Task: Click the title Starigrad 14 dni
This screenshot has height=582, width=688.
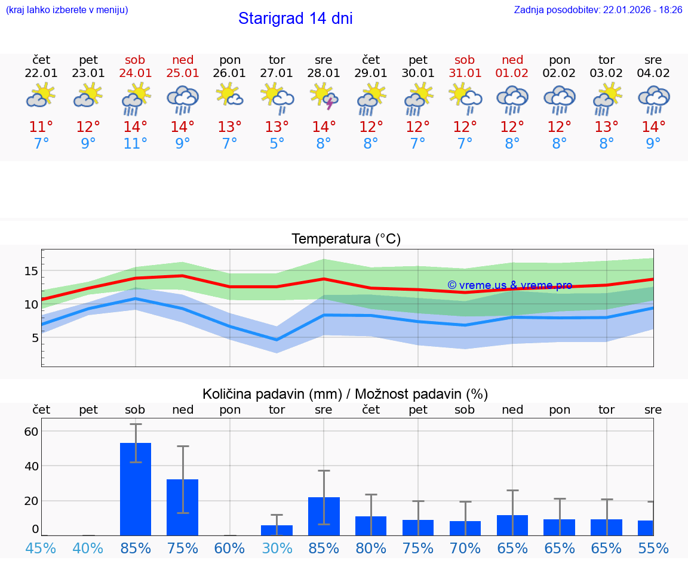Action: click(x=295, y=19)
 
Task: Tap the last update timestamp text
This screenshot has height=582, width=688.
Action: click(x=598, y=10)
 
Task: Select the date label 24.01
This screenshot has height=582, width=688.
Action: click(x=136, y=73)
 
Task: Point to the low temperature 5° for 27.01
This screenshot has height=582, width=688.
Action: click(x=277, y=143)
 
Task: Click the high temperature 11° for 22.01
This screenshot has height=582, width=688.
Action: click(x=41, y=127)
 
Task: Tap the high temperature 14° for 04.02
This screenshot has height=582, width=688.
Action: click(x=653, y=127)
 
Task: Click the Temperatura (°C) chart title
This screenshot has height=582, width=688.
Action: click(x=346, y=239)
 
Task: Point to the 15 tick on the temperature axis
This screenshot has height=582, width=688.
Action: click(x=31, y=271)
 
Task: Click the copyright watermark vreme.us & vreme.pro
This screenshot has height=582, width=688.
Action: click(x=509, y=285)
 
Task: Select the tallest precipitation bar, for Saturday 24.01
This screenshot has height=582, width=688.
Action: click(x=136, y=489)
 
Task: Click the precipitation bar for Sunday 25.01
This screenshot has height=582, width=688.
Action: click(x=182, y=507)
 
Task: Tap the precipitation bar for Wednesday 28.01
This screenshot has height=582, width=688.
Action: click(x=324, y=516)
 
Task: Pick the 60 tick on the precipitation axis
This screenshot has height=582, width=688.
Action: click(x=31, y=431)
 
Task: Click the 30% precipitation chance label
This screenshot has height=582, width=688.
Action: click(x=277, y=548)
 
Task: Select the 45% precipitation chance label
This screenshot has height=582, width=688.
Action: click(x=41, y=548)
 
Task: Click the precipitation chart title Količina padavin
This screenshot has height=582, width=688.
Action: click(x=345, y=394)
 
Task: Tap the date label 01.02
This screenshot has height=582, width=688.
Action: click(x=512, y=73)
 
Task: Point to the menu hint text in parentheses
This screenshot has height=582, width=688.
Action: click(x=67, y=10)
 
